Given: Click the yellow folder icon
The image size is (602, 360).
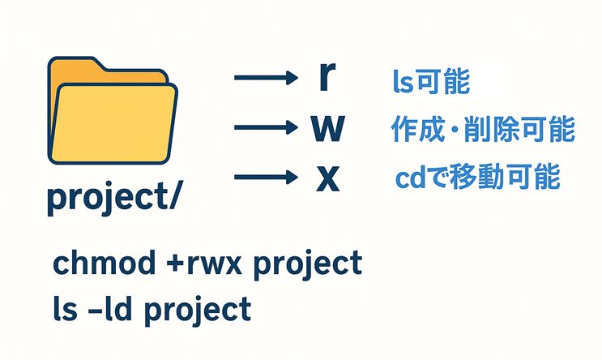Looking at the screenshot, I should click(x=112, y=114).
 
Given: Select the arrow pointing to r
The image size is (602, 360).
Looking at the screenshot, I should click(x=266, y=79).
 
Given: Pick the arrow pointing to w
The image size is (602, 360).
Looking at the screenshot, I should click(x=266, y=127).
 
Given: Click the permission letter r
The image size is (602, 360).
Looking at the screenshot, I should click(x=326, y=76).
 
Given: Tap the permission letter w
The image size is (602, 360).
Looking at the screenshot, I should click(x=327, y=128).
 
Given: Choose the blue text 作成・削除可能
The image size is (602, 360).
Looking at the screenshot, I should click(x=482, y=130).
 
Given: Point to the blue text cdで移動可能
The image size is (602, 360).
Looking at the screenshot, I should click(x=477, y=178).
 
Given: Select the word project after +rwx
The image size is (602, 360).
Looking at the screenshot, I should click(x=309, y=266).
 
